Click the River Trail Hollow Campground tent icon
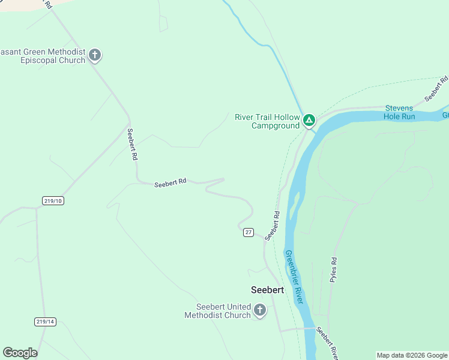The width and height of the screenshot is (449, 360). coord(309,120)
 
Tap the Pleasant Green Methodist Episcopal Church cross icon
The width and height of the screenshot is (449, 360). coord(95,55)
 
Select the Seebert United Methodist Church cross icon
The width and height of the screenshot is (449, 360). coord(260,310)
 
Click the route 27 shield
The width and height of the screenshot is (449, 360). coord(249,232)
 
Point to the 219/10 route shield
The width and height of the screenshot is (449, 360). coord(53,200)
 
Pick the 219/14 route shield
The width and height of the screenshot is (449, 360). coord(44,322)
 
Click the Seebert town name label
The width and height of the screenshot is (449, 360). coord(267,289)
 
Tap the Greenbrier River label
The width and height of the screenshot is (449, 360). coord(294,278)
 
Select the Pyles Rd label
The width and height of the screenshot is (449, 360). coord(334,269)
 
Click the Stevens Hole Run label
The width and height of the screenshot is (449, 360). coord(400,112)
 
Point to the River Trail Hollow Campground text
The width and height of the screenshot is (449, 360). coord(267,121)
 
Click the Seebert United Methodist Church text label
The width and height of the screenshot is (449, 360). coord(217,311)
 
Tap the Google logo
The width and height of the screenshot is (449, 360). coord(20,353)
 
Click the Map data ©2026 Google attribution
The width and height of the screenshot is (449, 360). coord(411,355)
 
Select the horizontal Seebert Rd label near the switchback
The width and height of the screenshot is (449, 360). coord(170,184)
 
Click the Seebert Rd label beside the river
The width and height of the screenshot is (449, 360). coord(273,225)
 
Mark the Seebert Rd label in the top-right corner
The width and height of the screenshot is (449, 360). coord(437,88)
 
